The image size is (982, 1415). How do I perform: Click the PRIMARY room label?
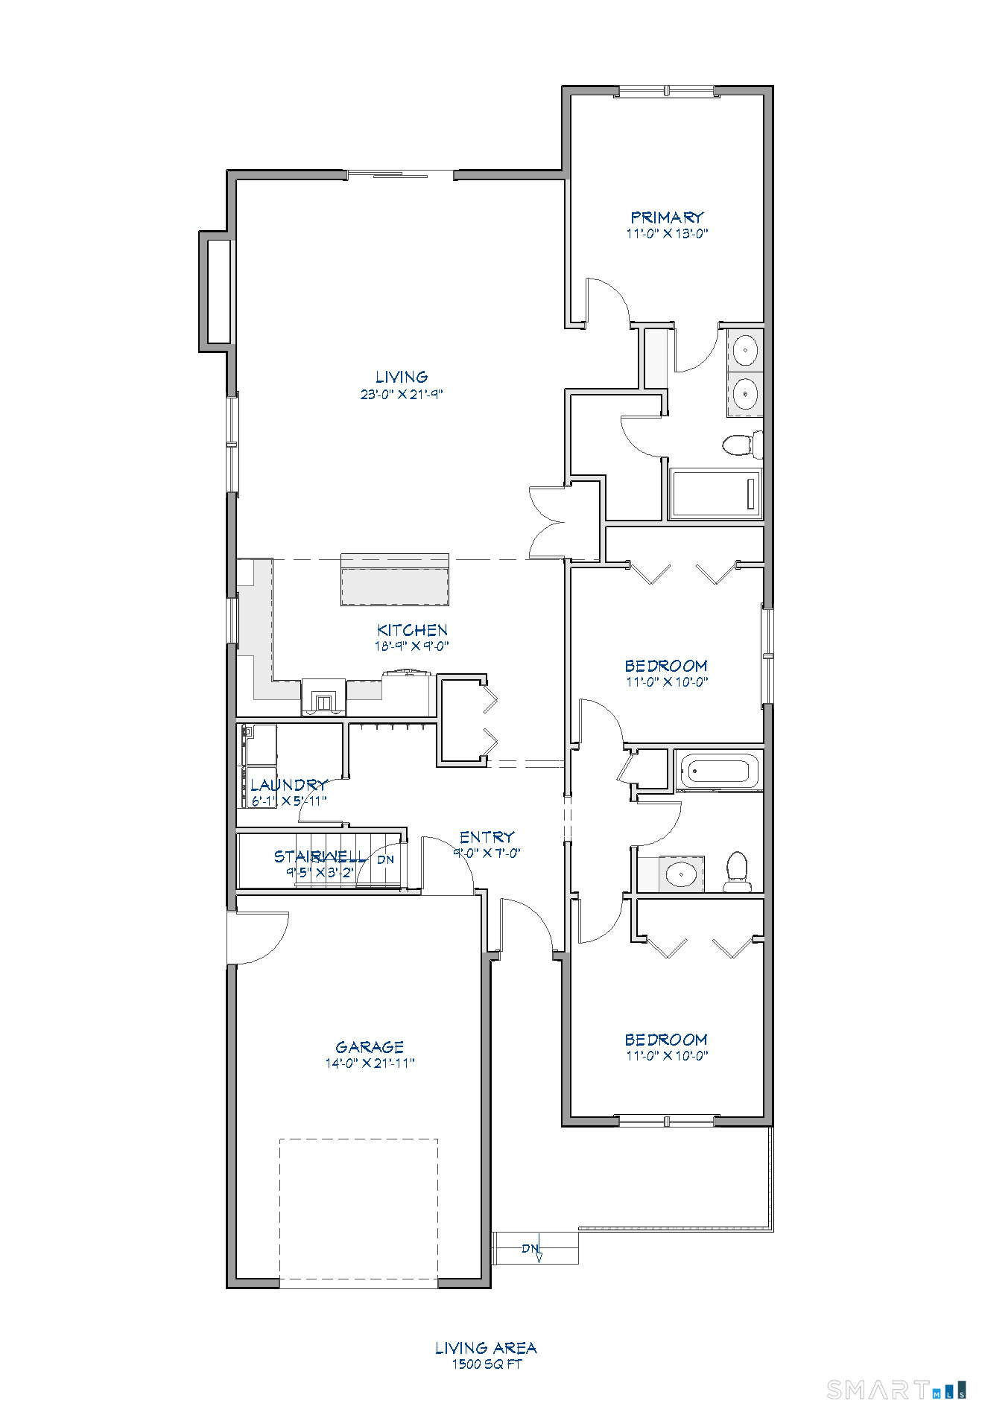(667, 217)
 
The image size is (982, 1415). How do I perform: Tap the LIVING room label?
(402, 378)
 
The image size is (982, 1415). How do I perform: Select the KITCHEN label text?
(412, 630)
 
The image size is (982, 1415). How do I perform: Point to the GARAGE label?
(370, 1047)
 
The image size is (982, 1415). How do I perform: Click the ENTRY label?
(487, 837)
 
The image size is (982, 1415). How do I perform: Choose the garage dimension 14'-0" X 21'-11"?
(370, 1063)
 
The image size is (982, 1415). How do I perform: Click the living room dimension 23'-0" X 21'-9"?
(402, 395)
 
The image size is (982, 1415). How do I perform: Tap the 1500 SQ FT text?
(487, 1364)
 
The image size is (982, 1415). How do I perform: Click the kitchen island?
(395, 579)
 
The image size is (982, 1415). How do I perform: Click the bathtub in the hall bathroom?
(719, 770)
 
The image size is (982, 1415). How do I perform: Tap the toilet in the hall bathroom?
(737, 872)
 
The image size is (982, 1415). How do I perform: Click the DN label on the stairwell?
(385, 859)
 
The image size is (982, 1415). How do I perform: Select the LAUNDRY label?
(288, 785)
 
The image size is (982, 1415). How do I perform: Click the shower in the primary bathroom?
(715, 494)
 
